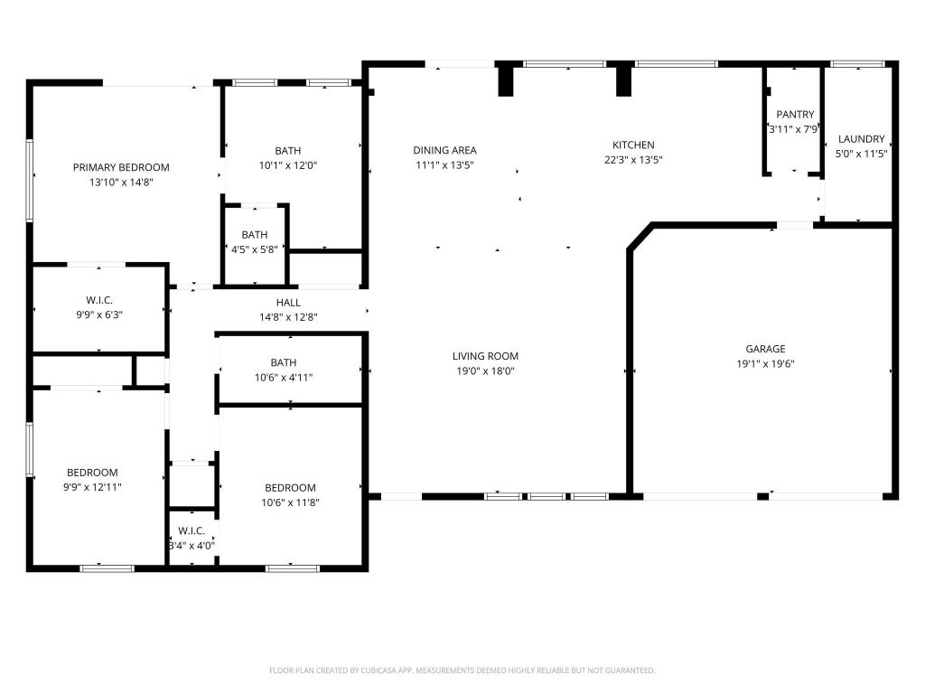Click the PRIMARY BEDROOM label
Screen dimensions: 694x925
121,167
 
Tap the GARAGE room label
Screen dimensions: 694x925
765,349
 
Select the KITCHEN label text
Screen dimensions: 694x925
633,145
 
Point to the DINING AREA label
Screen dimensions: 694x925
444,150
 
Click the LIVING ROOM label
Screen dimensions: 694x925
485,356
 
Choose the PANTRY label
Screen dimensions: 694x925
795,115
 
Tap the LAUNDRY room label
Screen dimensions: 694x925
861,139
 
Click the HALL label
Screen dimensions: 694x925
288,303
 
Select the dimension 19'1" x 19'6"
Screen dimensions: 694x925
765,364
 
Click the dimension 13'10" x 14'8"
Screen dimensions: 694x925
121,183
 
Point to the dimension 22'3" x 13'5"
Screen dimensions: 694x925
633,160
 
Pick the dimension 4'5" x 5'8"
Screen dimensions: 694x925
255,249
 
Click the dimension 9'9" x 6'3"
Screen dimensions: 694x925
98,315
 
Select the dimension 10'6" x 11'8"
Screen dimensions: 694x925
290,502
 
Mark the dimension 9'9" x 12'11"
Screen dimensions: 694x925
92,487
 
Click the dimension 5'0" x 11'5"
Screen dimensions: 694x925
861,155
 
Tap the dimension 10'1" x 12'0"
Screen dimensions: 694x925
288,165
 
